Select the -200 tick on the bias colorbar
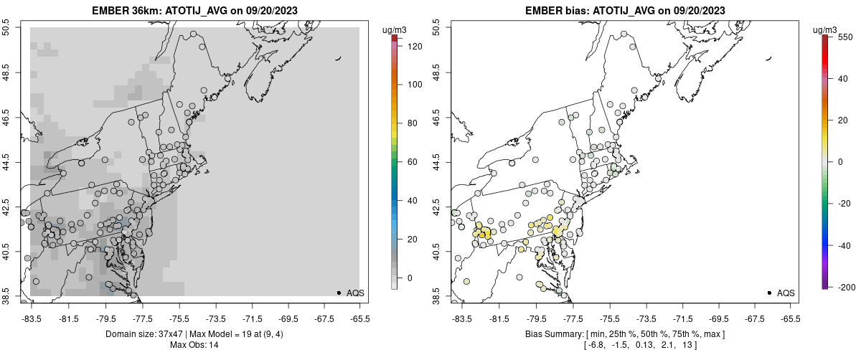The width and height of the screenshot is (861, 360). click(x=844, y=287)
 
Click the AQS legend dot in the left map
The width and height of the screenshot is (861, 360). click(x=339, y=293)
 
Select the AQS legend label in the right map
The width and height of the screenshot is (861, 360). click(x=786, y=293)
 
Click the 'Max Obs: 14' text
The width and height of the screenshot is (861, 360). click(x=194, y=345)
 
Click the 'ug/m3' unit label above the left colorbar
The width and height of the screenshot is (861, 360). click(x=395, y=29)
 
